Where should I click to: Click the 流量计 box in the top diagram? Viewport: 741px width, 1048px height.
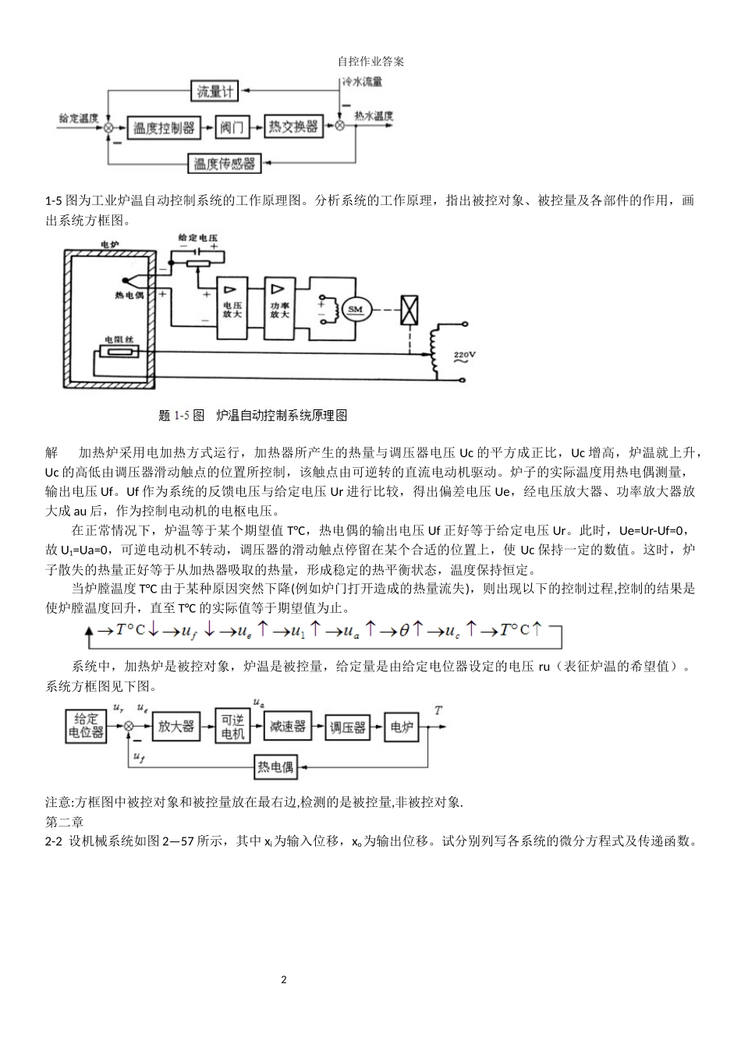tap(215, 91)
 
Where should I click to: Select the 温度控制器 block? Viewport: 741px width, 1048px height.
tap(163, 126)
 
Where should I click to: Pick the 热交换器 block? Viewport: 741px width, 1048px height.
tap(293, 126)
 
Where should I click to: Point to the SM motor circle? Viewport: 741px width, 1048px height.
tap(356, 310)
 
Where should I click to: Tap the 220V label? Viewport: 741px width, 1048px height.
tap(465, 356)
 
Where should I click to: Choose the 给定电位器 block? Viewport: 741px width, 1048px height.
tap(86, 727)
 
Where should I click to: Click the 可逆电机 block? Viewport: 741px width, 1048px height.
tap(232, 727)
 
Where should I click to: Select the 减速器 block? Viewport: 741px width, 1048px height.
tap(287, 726)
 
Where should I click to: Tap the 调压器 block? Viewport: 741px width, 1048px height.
tap(347, 727)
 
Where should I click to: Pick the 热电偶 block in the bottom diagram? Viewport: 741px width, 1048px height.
tap(276, 767)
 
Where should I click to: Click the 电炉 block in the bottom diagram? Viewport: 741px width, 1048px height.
tap(401, 727)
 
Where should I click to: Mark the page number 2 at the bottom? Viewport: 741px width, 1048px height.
tap(284, 979)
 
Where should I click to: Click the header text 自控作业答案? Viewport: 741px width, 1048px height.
tap(370, 61)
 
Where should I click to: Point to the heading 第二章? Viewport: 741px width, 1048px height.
tap(65, 822)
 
